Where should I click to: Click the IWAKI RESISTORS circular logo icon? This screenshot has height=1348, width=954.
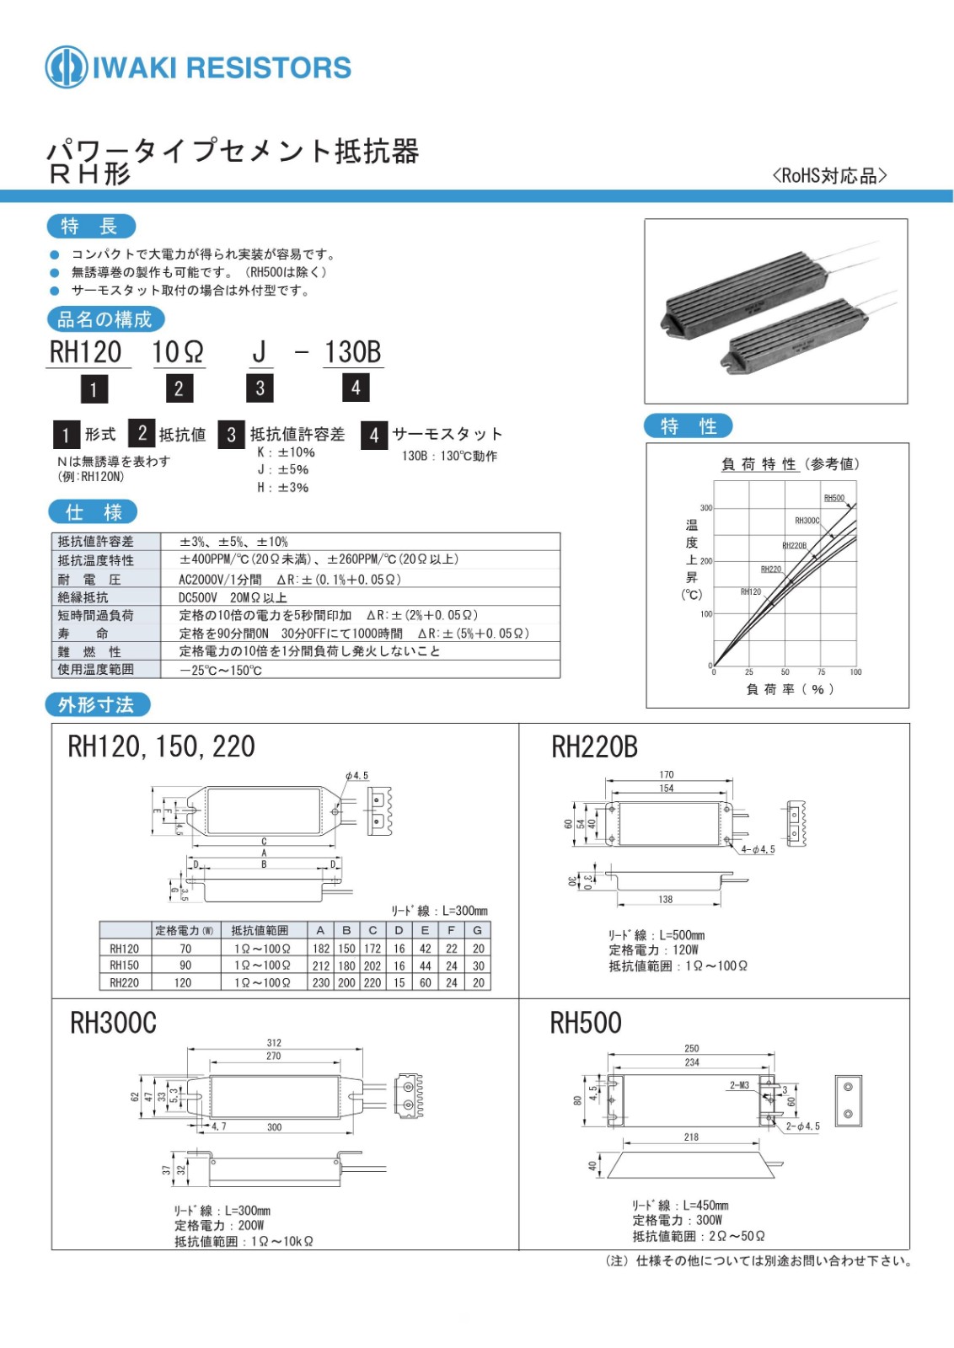pyautogui.click(x=66, y=67)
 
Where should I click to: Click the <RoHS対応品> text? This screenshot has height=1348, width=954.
pyautogui.click(x=829, y=175)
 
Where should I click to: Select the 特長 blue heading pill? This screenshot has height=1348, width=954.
pyautogui.click(x=90, y=226)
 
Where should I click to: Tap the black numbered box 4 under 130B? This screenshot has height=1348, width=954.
pyautogui.click(x=356, y=388)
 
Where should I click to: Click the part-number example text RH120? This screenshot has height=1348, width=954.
pyautogui.click(x=85, y=352)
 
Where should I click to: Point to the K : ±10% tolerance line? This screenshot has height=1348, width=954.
pyautogui.click(x=286, y=452)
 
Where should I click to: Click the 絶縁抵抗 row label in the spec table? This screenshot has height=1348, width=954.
pyautogui.click(x=83, y=596)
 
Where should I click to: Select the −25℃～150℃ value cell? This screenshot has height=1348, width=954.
pyautogui.click(x=221, y=671)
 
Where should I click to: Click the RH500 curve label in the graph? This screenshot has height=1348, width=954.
pyautogui.click(x=833, y=498)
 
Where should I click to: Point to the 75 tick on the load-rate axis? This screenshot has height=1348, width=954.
pyautogui.click(x=821, y=672)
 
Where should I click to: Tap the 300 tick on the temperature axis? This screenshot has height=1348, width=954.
pyautogui.click(x=705, y=508)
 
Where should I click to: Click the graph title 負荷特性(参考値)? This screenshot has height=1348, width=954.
pyautogui.click(x=790, y=464)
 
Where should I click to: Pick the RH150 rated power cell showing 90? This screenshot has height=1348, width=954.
pyautogui.click(x=185, y=966)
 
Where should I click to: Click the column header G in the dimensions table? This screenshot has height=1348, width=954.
pyautogui.click(x=478, y=930)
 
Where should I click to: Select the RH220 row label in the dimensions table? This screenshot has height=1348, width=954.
pyautogui.click(x=124, y=982)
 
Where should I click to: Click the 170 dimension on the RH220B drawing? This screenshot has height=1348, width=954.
pyautogui.click(x=667, y=774)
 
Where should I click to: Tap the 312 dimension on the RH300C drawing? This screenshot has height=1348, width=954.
pyautogui.click(x=274, y=1042)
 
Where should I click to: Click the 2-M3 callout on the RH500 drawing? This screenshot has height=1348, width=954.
pyautogui.click(x=739, y=1085)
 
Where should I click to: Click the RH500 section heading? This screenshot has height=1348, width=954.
pyautogui.click(x=586, y=1023)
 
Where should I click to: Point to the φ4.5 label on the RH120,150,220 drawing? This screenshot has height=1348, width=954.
pyautogui.click(x=357, y=776)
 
